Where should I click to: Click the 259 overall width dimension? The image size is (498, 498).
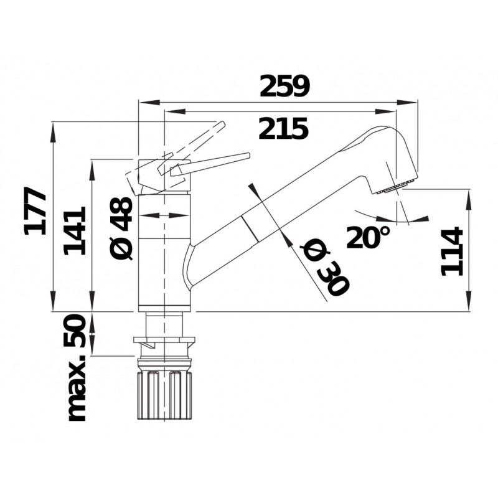(x=284, y=87)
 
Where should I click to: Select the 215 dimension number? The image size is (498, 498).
(x=283, y=129)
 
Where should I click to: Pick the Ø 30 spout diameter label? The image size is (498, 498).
(x=324, y=268)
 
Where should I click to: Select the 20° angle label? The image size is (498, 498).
(x=368, y=237)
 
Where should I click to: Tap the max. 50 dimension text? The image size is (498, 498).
(x=76, y=368)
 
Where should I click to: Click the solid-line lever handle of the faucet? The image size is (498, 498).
(x=212, y=162)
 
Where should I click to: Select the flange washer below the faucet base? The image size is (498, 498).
(x=164, y=341)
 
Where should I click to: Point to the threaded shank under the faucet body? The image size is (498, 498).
(x=164, y=324)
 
